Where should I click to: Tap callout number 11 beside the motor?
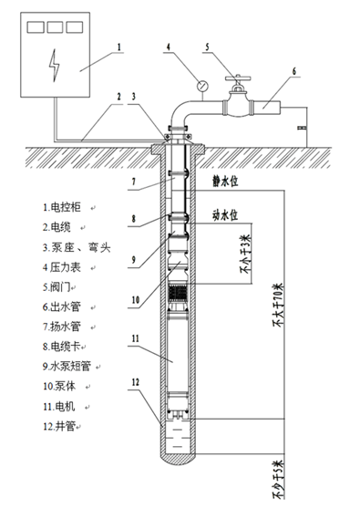coord(134,339)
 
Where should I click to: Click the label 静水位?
coord(223,182)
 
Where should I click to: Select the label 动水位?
coord(223,215)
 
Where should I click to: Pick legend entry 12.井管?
coord(62,427)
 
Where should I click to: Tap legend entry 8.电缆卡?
coord(65,347)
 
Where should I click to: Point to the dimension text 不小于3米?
coord(244,256)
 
